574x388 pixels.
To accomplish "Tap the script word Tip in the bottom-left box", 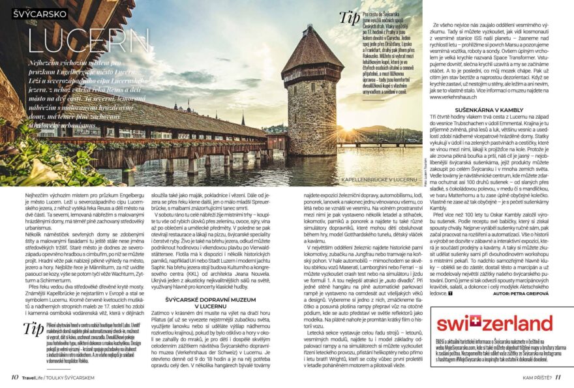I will click(33, 327).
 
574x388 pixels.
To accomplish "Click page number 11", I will click(558, 376).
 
